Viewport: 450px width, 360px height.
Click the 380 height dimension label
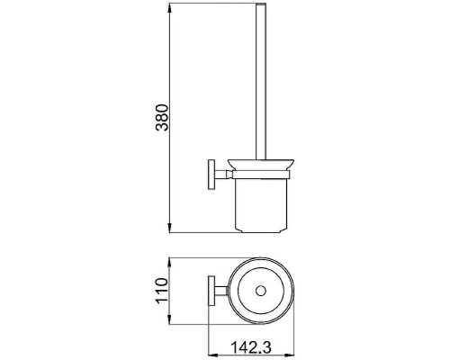pos(162,117)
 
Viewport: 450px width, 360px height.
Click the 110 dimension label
pos(162,291)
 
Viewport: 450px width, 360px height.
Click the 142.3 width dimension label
pos(251,347)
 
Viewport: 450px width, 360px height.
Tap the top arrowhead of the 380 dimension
pos(170,8)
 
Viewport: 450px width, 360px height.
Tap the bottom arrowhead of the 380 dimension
pos(170,228)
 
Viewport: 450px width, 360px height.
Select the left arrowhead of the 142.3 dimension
pos(213,355)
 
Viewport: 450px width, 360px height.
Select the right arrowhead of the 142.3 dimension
pos(289,355)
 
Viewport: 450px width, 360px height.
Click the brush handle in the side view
pos(261,82)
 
